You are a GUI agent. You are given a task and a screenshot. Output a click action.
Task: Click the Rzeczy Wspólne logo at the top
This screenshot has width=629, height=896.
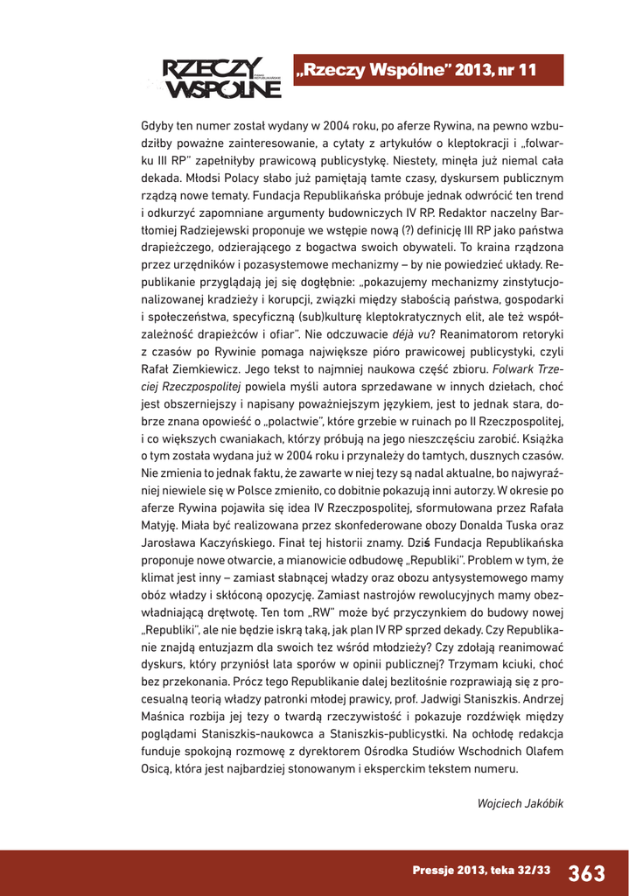(215, 78)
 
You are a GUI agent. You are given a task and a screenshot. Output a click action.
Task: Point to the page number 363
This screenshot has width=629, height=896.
(586, 872)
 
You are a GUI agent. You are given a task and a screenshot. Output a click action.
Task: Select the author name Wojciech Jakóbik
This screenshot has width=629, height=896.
(520, 803)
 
